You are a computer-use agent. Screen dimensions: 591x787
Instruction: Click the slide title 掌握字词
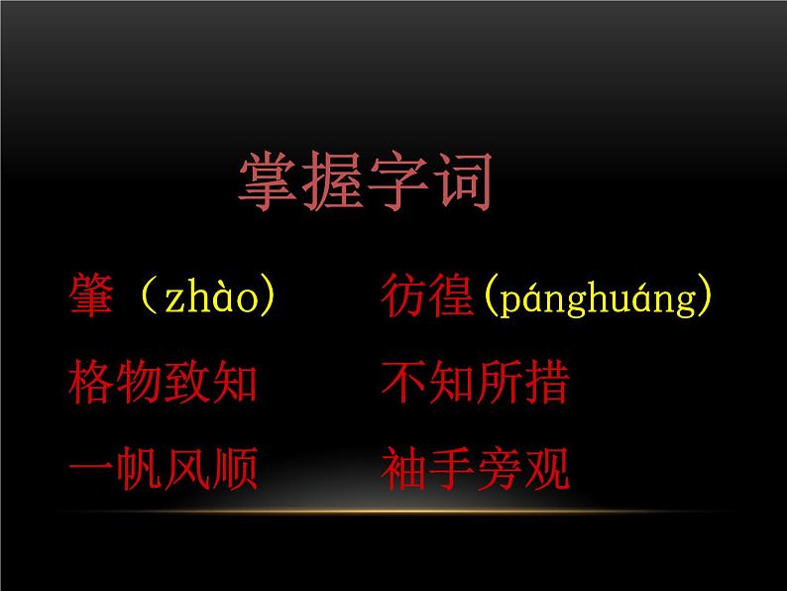(366, 180)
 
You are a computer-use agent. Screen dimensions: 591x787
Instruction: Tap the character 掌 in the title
(271, 180)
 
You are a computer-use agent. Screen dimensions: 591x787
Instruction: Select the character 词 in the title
(461, 180)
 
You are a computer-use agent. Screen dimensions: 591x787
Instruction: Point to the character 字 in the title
(397, 180)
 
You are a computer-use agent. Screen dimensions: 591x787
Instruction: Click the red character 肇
(93, 296)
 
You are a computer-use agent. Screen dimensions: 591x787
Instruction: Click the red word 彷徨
(427, 296)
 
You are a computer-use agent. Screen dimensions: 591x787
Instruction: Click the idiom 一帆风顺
(165, 469)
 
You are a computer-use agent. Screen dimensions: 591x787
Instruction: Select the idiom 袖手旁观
(475, 469)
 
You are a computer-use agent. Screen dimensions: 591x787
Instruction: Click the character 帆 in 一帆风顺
(141, 469)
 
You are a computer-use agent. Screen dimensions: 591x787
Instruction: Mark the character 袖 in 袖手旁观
(403, 469)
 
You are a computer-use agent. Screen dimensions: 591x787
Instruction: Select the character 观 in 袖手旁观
(547, 469)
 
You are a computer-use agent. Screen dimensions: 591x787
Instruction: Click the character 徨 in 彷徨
(451, 296)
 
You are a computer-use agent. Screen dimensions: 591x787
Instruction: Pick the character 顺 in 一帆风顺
(236, 469)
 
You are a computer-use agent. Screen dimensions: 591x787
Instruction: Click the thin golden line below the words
(393, 510)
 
